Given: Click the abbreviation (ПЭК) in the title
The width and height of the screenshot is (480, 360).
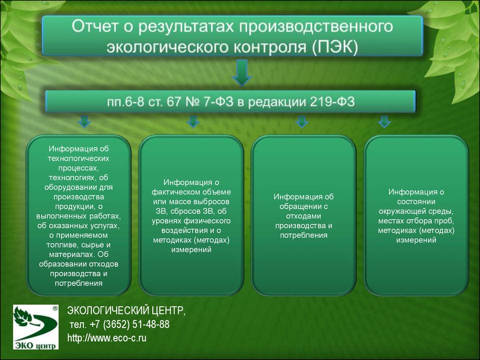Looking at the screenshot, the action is (335, 47).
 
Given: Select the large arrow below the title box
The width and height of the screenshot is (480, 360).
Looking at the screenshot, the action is (242, 73).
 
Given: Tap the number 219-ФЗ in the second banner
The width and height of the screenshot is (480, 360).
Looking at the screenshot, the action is (332, 102).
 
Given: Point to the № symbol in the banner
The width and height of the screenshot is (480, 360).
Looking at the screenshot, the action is (192, 102).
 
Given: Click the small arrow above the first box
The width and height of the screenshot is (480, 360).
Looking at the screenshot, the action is (84, 121).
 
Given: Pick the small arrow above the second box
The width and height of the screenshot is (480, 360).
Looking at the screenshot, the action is (193, 121).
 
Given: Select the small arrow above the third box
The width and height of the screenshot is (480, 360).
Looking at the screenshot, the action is (302, 121).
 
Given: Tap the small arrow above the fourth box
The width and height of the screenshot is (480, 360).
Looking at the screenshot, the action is (384, 121).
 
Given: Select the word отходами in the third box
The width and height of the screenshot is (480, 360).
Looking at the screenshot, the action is (304, 216).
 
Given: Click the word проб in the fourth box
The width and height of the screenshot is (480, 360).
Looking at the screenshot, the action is (445, 221).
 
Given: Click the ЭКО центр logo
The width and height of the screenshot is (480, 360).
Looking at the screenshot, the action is (36, 327).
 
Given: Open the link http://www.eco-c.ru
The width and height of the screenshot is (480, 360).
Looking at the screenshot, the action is (107, 338).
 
